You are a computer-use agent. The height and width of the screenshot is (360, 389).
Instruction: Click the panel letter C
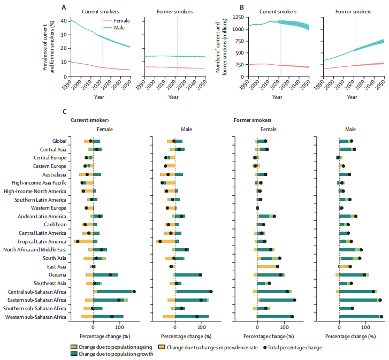[x=65, y=111]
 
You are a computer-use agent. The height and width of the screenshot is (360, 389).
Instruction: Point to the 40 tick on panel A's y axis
[x=64, y=21]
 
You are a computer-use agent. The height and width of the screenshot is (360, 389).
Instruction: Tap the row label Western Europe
[x=49, y=208]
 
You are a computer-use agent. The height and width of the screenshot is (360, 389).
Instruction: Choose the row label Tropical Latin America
[x=42, y=241]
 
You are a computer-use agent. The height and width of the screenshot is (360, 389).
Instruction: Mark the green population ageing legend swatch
[x=74, y=347]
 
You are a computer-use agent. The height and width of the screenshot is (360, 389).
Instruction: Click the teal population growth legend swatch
[x=74, y=354]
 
